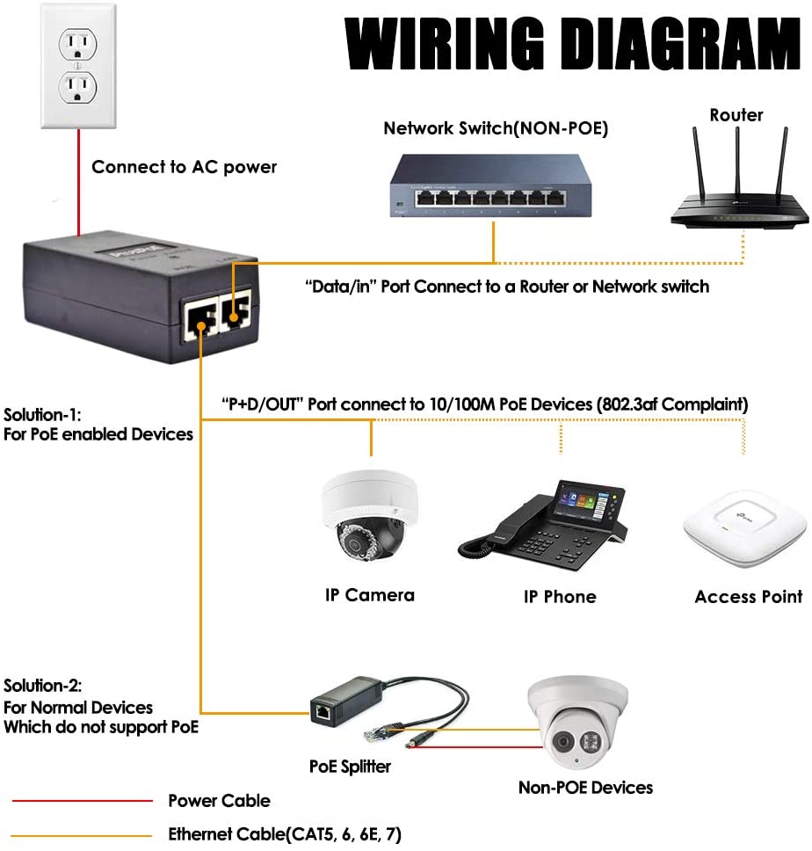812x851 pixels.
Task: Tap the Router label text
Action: click(x=736, y=115)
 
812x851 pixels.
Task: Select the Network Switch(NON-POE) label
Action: click(x=496, y=128)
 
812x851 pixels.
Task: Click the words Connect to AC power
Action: click(x=184, y=167)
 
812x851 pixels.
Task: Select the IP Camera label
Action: click(x=369, y=595)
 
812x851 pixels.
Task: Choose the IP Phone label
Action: click(x=560, y=597)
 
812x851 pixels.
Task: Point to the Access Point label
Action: click(x=748, y=597)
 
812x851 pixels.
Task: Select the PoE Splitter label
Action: click(x=350, y=767)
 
